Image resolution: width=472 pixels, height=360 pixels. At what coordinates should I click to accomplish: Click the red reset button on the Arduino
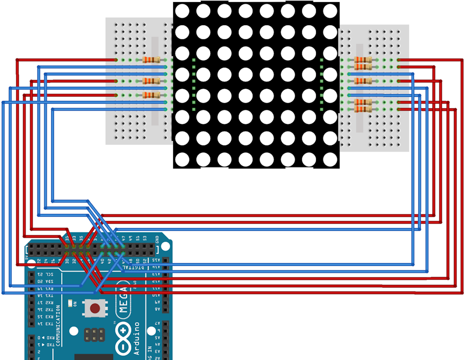[x=95, y=308]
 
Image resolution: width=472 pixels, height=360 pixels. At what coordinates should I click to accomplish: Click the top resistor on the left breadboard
[x=151, y=60]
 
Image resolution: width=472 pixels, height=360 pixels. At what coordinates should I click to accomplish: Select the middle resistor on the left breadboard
[x=151, y=81]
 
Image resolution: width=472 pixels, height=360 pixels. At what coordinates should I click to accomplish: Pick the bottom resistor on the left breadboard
[x=151, y=95]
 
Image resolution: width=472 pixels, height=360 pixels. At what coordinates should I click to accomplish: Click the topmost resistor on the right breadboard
[x=363, y=60]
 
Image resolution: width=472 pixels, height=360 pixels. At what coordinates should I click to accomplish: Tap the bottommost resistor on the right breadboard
[x=363, y=109]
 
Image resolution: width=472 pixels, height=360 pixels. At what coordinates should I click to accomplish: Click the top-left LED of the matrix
[x=182, y=10]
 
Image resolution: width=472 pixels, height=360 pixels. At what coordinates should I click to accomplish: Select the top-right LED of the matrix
[x=330, y=10]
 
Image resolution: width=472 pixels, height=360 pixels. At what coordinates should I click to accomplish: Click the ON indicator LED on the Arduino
[x=76, y=303]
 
